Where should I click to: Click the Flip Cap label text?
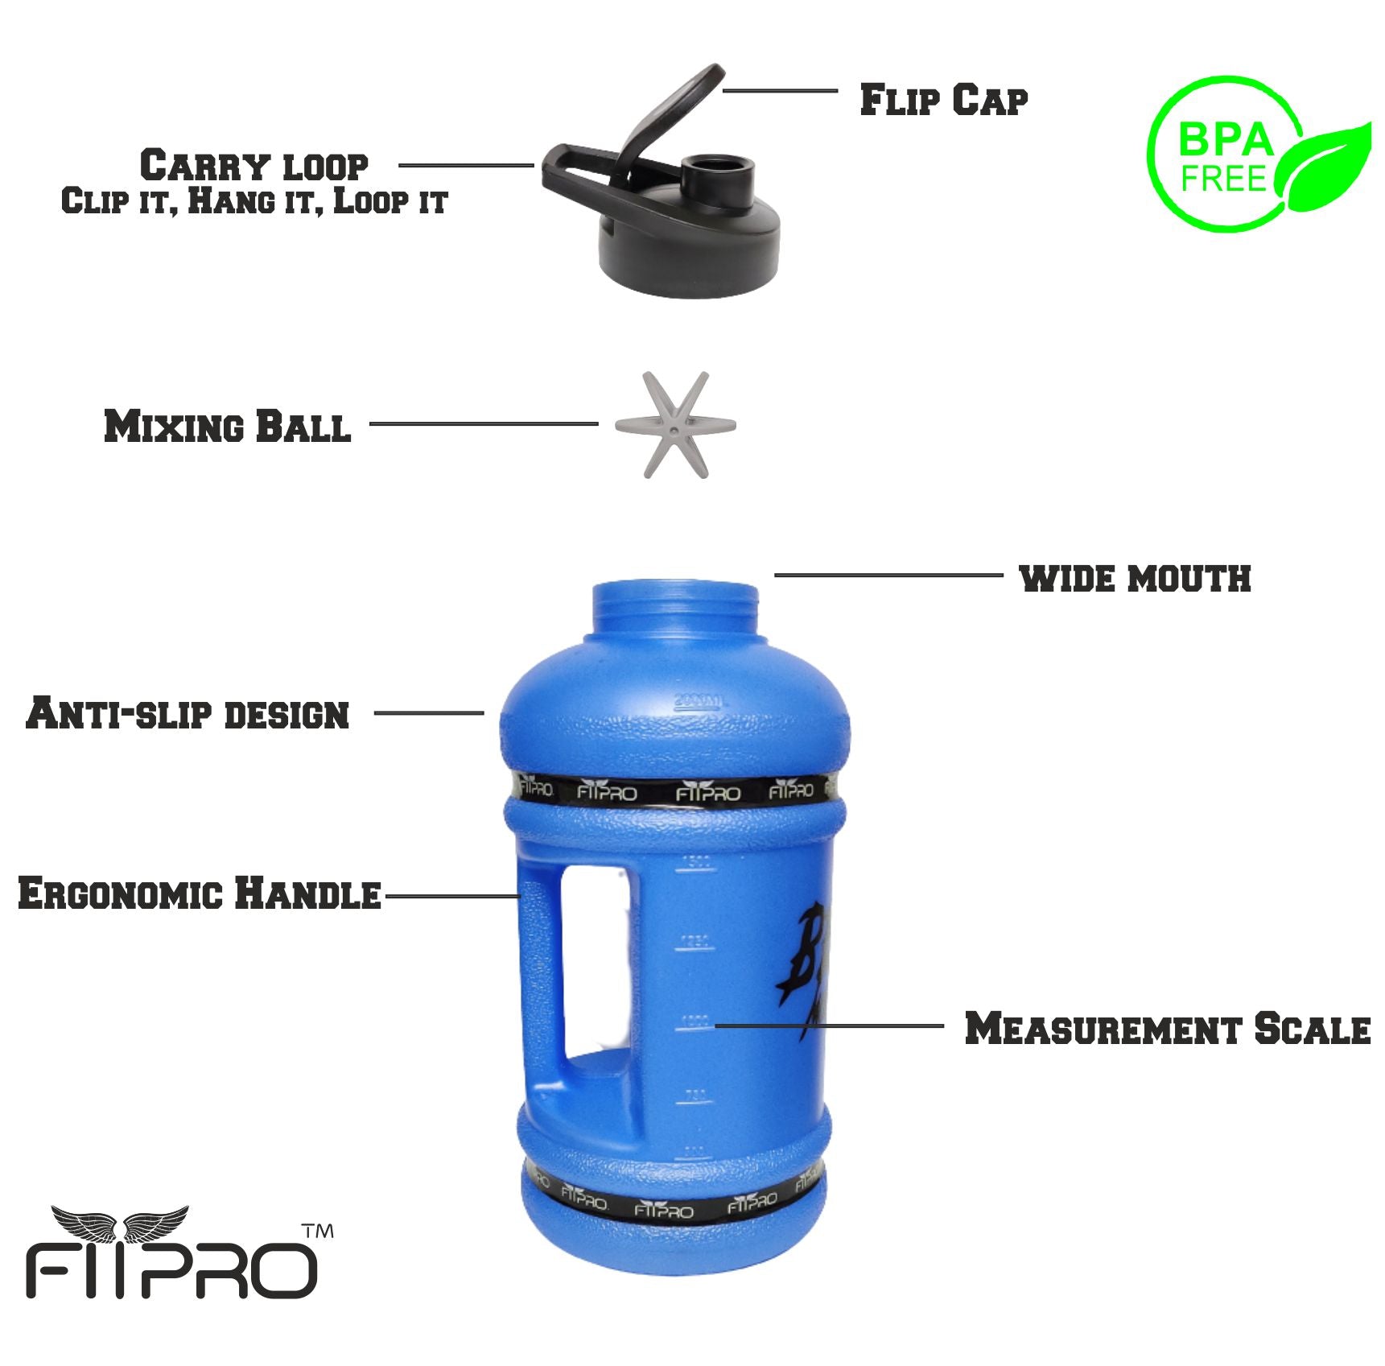[943, 101]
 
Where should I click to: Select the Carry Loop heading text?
[254, 166]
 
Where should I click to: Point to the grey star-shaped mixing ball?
[675, 425]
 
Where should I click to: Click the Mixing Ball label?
[228, 427]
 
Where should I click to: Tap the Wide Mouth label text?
[1135, 579]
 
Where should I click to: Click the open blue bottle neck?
[675, 608]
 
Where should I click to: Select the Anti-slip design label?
[188, 714]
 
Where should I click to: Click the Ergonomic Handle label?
[199, 894]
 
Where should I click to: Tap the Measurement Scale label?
[1167, 1029]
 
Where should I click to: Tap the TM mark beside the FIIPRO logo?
[318, 1232]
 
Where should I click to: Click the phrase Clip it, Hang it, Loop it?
[254, 201]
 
